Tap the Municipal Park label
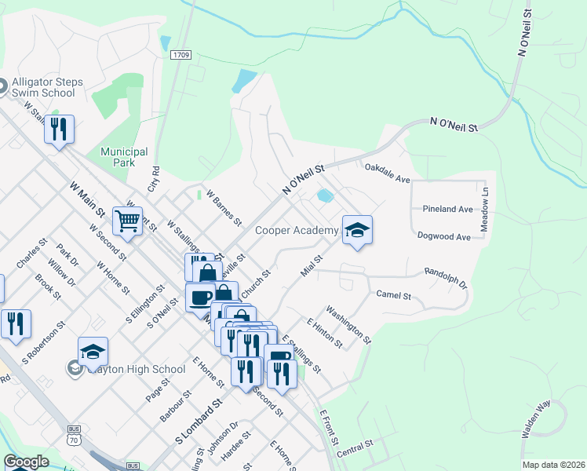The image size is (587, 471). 124,157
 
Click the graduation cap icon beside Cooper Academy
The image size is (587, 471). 357,229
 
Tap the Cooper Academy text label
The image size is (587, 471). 297,230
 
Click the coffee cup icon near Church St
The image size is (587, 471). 199,298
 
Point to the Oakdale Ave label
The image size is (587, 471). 388,173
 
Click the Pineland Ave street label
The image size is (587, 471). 447,210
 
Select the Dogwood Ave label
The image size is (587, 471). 444,236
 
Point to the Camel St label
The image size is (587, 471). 394,295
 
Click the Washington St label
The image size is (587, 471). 348,324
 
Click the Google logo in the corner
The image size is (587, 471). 26,462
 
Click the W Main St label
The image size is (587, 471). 87,200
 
